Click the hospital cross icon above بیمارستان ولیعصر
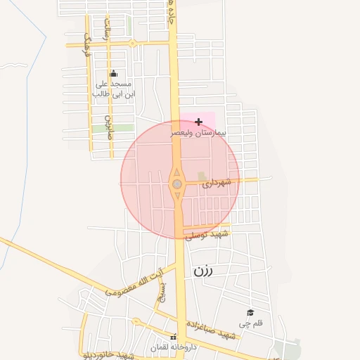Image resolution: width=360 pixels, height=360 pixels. (x=198, y=122)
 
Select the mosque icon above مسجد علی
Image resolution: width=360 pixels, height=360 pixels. (x=114, y=74)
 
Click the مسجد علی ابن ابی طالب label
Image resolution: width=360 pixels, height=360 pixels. (x=114, y=88)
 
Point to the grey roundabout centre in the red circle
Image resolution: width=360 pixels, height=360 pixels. (x=177, y=184)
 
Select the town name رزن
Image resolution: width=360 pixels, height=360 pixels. (x=203, y=270)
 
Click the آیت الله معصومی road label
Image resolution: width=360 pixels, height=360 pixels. (x=134, y=281)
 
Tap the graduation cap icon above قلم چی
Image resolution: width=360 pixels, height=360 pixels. (x=250, y=312)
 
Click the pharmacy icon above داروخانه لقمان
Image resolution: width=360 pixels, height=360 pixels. (x=174, y=337)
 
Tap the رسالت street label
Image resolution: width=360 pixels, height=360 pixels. (x=107, y=28)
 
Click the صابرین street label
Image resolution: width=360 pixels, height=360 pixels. (x=109, y=127)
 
